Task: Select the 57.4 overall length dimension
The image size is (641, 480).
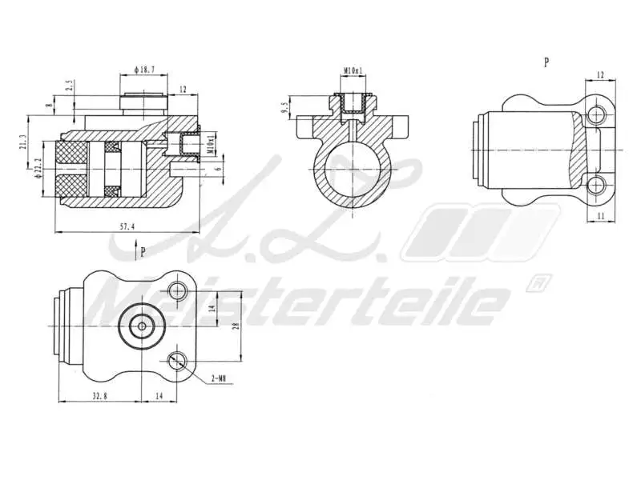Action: [127, 227]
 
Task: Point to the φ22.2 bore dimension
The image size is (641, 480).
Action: [38, 169]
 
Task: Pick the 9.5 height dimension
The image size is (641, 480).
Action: [285, 107]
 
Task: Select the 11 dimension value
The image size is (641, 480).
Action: [600, 216]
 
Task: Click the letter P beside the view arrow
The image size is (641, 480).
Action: [143, 251]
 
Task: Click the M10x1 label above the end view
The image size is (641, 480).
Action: [353, 71]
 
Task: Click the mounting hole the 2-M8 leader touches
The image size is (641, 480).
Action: [178, 361]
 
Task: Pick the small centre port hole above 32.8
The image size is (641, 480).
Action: [142, 326]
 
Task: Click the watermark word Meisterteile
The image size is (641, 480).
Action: [296, 302]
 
